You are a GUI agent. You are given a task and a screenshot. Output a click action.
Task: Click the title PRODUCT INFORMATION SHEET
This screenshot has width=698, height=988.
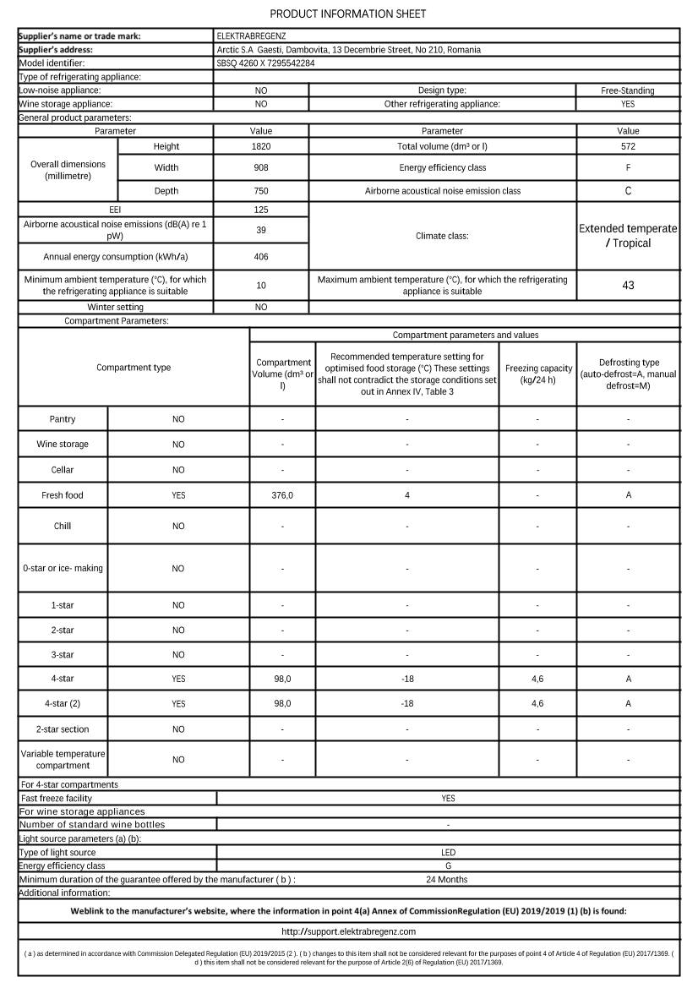348,14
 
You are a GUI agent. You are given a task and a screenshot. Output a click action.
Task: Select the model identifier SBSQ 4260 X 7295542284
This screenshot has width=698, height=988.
265,63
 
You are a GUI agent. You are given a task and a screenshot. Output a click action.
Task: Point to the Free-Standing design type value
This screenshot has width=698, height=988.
628,90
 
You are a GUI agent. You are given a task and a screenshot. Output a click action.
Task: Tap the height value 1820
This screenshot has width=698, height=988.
261,146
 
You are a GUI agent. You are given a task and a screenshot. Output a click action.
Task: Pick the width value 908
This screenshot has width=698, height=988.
261,167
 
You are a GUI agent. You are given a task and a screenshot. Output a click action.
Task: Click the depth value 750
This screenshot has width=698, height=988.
261,191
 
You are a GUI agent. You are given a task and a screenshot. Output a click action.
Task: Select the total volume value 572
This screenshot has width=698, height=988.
628,146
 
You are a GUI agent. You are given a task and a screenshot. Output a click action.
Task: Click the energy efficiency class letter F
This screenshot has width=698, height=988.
628,167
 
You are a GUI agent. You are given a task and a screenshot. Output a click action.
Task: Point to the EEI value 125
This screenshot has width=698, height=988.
261,209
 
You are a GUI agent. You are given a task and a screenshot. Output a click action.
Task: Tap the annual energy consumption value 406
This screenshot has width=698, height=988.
261,256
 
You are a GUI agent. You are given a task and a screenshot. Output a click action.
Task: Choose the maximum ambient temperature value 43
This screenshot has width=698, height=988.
628,285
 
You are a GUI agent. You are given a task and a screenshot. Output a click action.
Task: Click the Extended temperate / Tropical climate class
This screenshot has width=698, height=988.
628,236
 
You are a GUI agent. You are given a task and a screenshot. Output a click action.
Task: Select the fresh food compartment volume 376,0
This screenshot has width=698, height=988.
282,495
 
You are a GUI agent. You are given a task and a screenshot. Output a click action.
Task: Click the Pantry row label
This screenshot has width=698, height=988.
63,419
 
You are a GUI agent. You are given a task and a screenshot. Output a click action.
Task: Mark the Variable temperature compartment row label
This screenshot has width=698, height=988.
63,759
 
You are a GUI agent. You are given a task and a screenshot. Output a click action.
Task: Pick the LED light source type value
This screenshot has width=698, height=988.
448,853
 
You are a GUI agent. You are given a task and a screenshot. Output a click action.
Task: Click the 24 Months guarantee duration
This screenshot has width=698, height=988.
448,879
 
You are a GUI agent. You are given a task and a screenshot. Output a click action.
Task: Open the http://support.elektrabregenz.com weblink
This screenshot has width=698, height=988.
348,931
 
